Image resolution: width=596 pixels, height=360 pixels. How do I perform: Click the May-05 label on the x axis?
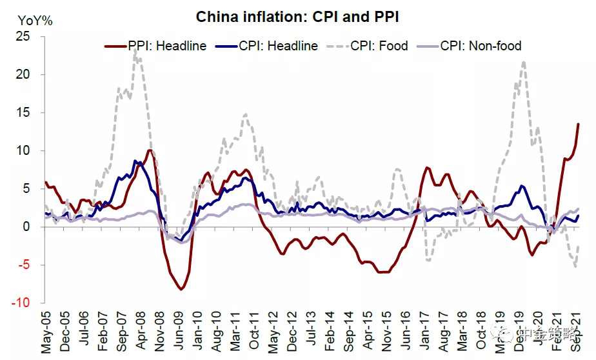pos(46,331)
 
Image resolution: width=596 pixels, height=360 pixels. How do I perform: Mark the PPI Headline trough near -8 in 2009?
pos(181,289)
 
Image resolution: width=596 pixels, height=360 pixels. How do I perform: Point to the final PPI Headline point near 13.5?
pos(578,124)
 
